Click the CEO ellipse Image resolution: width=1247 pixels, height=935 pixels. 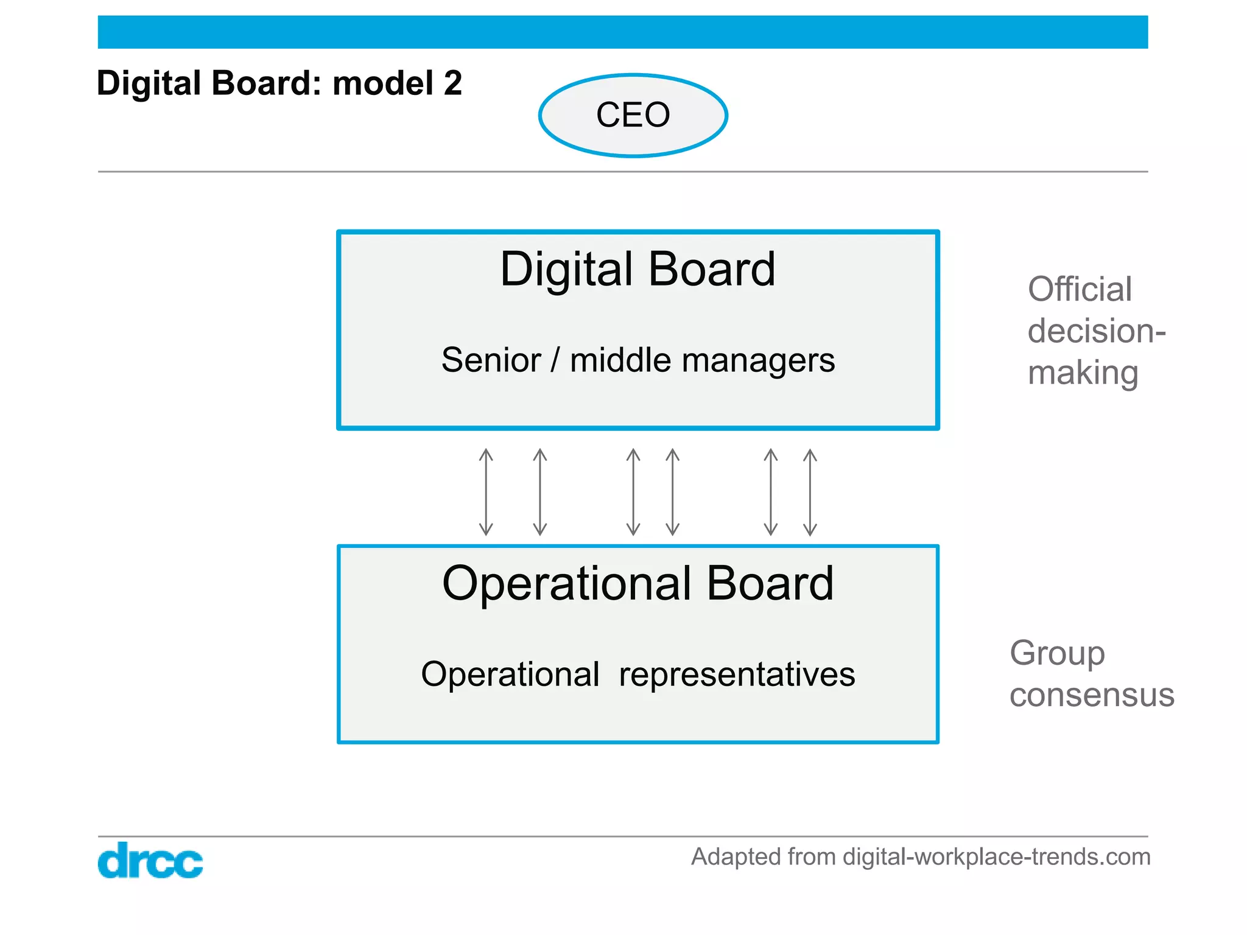pyautogui.click(x=633, y=115)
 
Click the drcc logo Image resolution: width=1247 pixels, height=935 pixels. pyautogui.click(x=150, y=860)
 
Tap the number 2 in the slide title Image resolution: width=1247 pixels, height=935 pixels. pyautogui.click(x=452, y=83)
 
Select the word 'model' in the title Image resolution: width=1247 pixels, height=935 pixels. pyautogui.click(x=383, y=83)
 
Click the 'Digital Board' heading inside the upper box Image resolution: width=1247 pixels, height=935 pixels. pyautogui.click(x=638, y=269)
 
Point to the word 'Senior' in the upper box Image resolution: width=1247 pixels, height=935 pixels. pyautogui.click(x=491, y=360)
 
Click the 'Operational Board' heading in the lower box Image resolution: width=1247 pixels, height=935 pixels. pyautogui.click(x=638, y=583)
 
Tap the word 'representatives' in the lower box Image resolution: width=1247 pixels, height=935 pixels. pyautogui.click(x=737, y=674)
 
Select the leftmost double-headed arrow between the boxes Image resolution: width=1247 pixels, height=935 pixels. pyautogui.click(x=486, y=492)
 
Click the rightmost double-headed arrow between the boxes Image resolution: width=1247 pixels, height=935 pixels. pyautogui.click(x=810, y=492)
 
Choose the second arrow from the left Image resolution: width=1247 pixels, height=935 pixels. pyautogui.click(x=539, y=492)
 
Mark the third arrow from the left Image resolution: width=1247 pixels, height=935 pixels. pyautogui.click(x=633, y=492)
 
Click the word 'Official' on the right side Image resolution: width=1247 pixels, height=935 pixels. pyautogui.click(x=1080, y=289)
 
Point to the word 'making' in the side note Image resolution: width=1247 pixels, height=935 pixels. pyautogui.click(x=1083, y=373)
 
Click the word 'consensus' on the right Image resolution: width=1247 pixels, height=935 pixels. pyautogui.click(x=1092, y=695)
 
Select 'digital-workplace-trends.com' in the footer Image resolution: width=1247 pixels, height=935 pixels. pyautogui.click(x=996, y=856)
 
